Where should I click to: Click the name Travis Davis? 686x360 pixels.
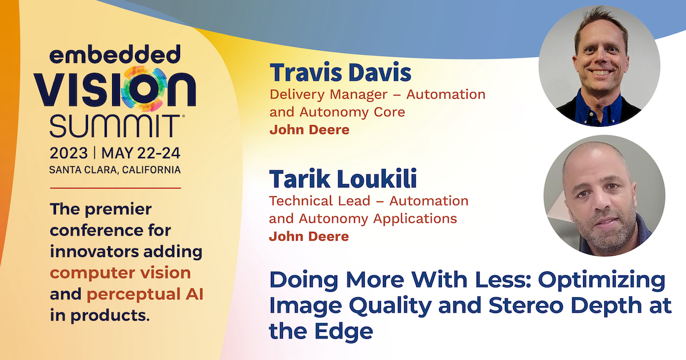[340, 72]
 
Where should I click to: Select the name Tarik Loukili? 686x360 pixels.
[343, 178]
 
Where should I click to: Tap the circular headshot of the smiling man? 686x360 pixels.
[599, 66]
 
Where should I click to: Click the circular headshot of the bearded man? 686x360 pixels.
[604, 195]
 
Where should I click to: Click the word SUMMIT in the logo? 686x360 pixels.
[115, 126]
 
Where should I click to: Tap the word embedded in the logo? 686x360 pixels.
[115, 54]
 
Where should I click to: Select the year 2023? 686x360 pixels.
[69, 153]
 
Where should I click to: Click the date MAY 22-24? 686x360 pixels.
[141, 153]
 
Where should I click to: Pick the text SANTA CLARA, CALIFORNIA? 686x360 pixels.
[115, 170]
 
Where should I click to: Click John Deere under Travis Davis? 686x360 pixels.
[309, 130]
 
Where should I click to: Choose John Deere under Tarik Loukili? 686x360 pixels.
[309, 237]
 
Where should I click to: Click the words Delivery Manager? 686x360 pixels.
[327, 95]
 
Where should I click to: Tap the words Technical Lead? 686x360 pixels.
[320, 201]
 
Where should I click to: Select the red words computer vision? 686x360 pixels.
[121, 273]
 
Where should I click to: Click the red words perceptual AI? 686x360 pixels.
[145, 294]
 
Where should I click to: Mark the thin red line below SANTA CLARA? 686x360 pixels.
[115, 188]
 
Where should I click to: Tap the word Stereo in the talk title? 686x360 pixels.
[526, 306]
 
